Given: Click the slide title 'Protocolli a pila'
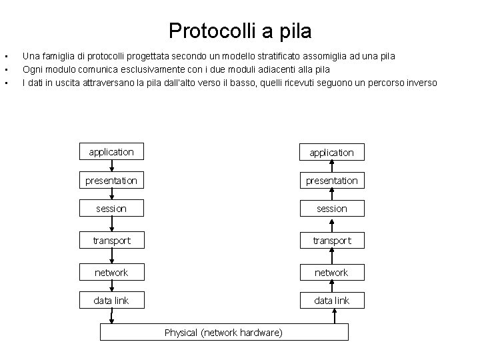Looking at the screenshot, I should [240, 31].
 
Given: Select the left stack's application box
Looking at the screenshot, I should [111, 152].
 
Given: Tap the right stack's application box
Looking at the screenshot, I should [331, 152].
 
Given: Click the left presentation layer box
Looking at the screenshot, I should [111, 181].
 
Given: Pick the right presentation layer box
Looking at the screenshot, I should [331, 181].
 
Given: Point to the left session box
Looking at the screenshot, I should [111, 209].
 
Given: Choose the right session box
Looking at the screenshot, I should [331, 209].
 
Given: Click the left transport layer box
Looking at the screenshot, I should [111, 240].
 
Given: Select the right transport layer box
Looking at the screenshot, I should [331, 240].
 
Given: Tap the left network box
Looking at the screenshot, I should [111, 272].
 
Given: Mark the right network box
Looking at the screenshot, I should [331, 272].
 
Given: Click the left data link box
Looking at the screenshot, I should [111, 301].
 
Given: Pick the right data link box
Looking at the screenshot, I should [331, 301].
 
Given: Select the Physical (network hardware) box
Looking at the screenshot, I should [224, 332].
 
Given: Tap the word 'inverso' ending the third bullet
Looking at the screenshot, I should [421, 83].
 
